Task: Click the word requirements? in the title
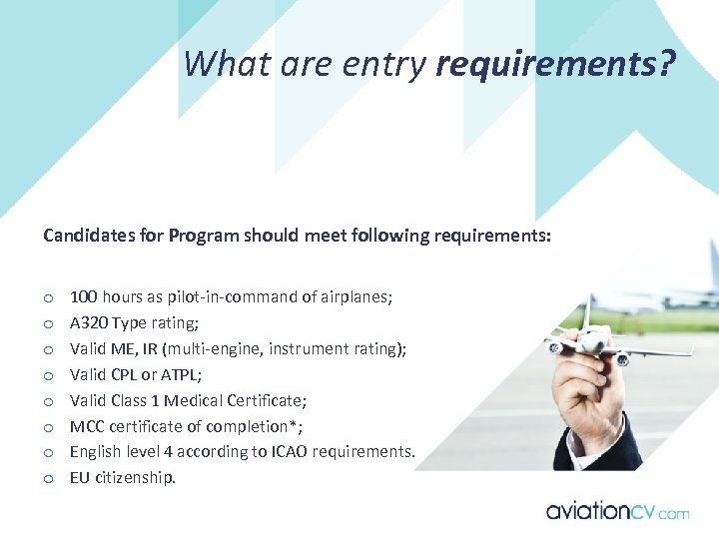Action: click(556, 65)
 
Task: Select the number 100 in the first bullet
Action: click(83, 297)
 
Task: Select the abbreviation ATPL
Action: click(184, 375)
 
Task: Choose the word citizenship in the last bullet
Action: click(135, 478)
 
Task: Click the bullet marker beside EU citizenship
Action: click(47, 479)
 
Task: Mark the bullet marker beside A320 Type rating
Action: click(47, 324)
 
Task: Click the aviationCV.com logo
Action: click(617, 512)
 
